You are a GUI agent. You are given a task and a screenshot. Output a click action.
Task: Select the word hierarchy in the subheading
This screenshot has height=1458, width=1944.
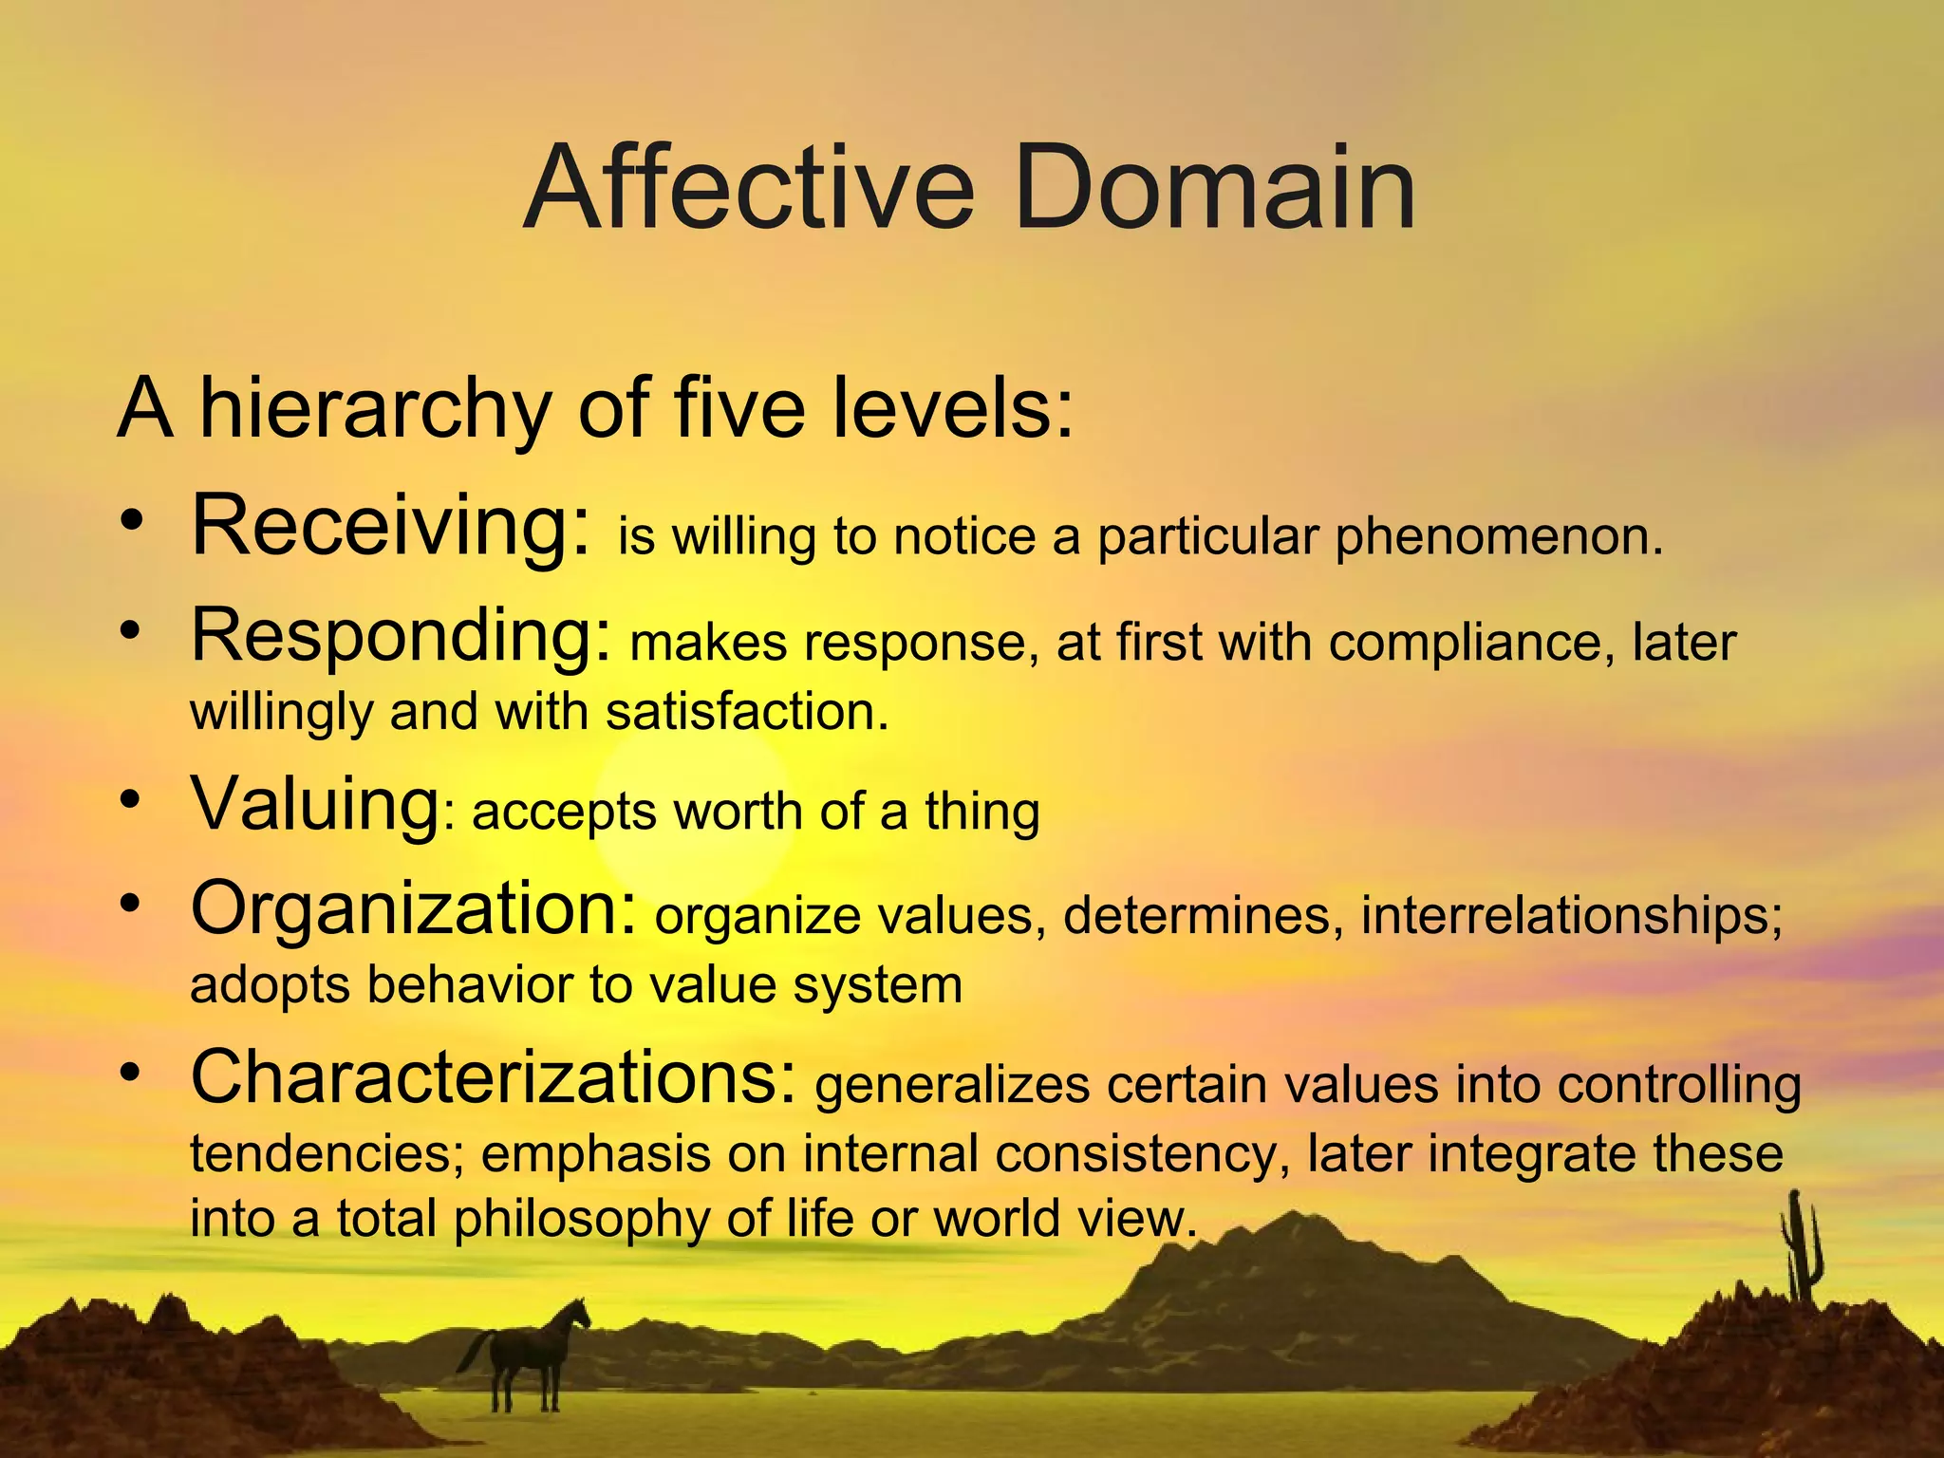(x=374, y=410)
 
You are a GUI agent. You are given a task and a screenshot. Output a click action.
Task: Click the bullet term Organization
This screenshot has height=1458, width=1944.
(x=413, y=908)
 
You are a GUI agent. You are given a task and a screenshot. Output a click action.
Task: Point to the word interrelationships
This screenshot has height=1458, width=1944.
(x=1571, y=917)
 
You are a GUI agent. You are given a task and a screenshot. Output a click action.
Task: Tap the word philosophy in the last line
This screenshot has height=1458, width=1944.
(x=581, y=1219)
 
